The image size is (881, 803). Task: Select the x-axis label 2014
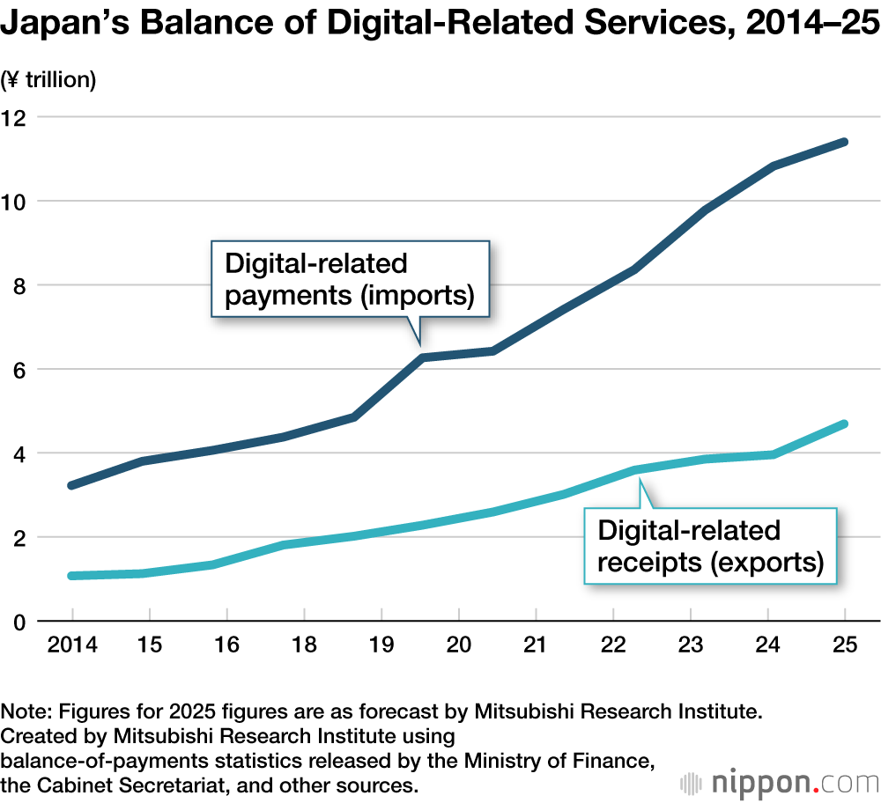pyautogui.click(x=71, y=646)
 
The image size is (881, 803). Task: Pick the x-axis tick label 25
pyautogui.click(x=846, y=646)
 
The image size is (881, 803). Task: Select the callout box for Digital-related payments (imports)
pyautogui.click(x=350, y=278)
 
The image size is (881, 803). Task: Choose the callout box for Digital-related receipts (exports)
pyautogui.click(x=710, y=546)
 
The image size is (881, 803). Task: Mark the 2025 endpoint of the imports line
pyautogui.click(x=844, y=142)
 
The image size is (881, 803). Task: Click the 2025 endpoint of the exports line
pyautogui.click(x=844, y=424)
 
